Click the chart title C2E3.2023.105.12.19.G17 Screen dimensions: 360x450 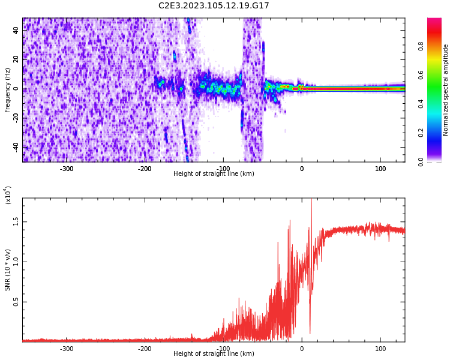[x=214, y=6]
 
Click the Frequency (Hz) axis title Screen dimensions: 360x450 [x=8, y=90]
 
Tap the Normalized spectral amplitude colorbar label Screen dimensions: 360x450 [x=446, y=90]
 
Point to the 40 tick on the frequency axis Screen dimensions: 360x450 [x=16, y=30]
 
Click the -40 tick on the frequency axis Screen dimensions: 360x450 [x=16, y=146]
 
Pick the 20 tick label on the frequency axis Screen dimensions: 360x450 [x=16, y=59]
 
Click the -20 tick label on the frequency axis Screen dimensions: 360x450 [x=16, y=118]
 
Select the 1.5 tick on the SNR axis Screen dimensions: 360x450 [x=16, y=221]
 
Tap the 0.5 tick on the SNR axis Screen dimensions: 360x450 [x=16, y=302]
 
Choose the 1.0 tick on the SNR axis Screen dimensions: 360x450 [x=16, y=262]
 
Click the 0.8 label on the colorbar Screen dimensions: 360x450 [x=421, y=46]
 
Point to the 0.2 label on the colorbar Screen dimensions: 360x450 [x=421, y=133]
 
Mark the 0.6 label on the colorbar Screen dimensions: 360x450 [x=421, y=75]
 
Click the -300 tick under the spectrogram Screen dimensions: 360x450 [x=67, y=169]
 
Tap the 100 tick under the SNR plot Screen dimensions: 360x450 [x=380, y=349]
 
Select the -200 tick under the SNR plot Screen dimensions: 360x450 [x=145, y=349]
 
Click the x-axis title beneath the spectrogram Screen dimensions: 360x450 [x=214, y=174]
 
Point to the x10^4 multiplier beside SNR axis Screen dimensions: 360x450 [x=8, y=195]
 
